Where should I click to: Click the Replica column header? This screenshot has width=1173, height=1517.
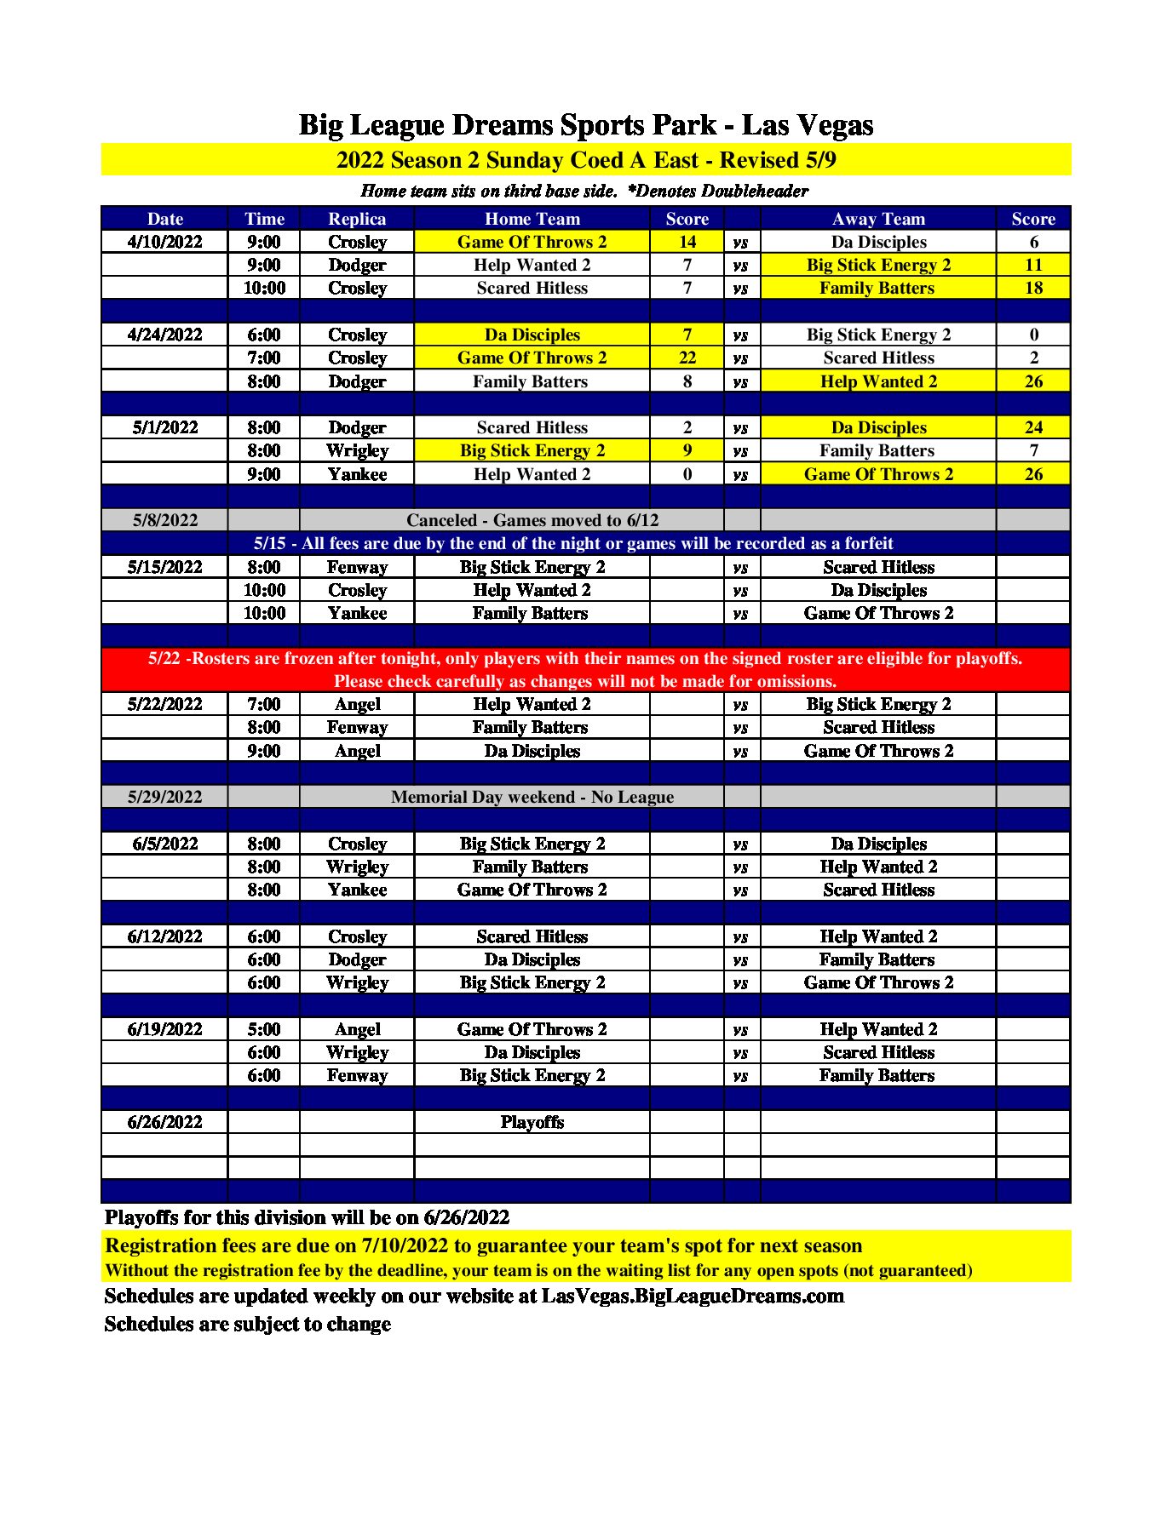coord(357,219)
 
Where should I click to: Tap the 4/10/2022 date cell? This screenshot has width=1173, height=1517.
coord(165,242)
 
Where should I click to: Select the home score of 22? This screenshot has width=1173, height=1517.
coord(687,358)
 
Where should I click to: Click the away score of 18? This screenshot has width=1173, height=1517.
coord(1033,288)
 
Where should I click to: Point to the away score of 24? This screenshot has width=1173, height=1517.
coord(1033,427)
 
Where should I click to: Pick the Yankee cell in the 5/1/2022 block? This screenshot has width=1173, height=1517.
coord(357,474)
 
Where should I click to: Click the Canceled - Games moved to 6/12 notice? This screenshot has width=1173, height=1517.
coord(532,520)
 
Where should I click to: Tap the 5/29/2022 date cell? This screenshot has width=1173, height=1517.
coord(165,797)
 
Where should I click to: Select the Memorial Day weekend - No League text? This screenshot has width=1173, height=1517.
coord(532,797)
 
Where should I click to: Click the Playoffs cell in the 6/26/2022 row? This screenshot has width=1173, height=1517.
coord(532,1122)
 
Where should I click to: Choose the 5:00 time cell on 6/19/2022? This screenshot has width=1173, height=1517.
coord(264,1029)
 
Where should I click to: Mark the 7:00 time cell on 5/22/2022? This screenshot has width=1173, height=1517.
coord(264,704)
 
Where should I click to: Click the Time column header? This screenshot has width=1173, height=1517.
coord(264,219)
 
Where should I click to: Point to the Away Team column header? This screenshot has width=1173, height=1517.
coord(878,219)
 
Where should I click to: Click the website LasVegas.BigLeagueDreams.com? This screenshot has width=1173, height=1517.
coord(693,1296)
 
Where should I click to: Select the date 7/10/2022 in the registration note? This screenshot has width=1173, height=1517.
coord(405,1245)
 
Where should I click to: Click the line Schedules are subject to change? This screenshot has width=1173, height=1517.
coord(248,1324)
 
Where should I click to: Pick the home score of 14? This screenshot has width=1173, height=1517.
coord(687,242)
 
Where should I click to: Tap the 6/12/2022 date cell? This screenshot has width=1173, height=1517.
coord(165,936)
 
